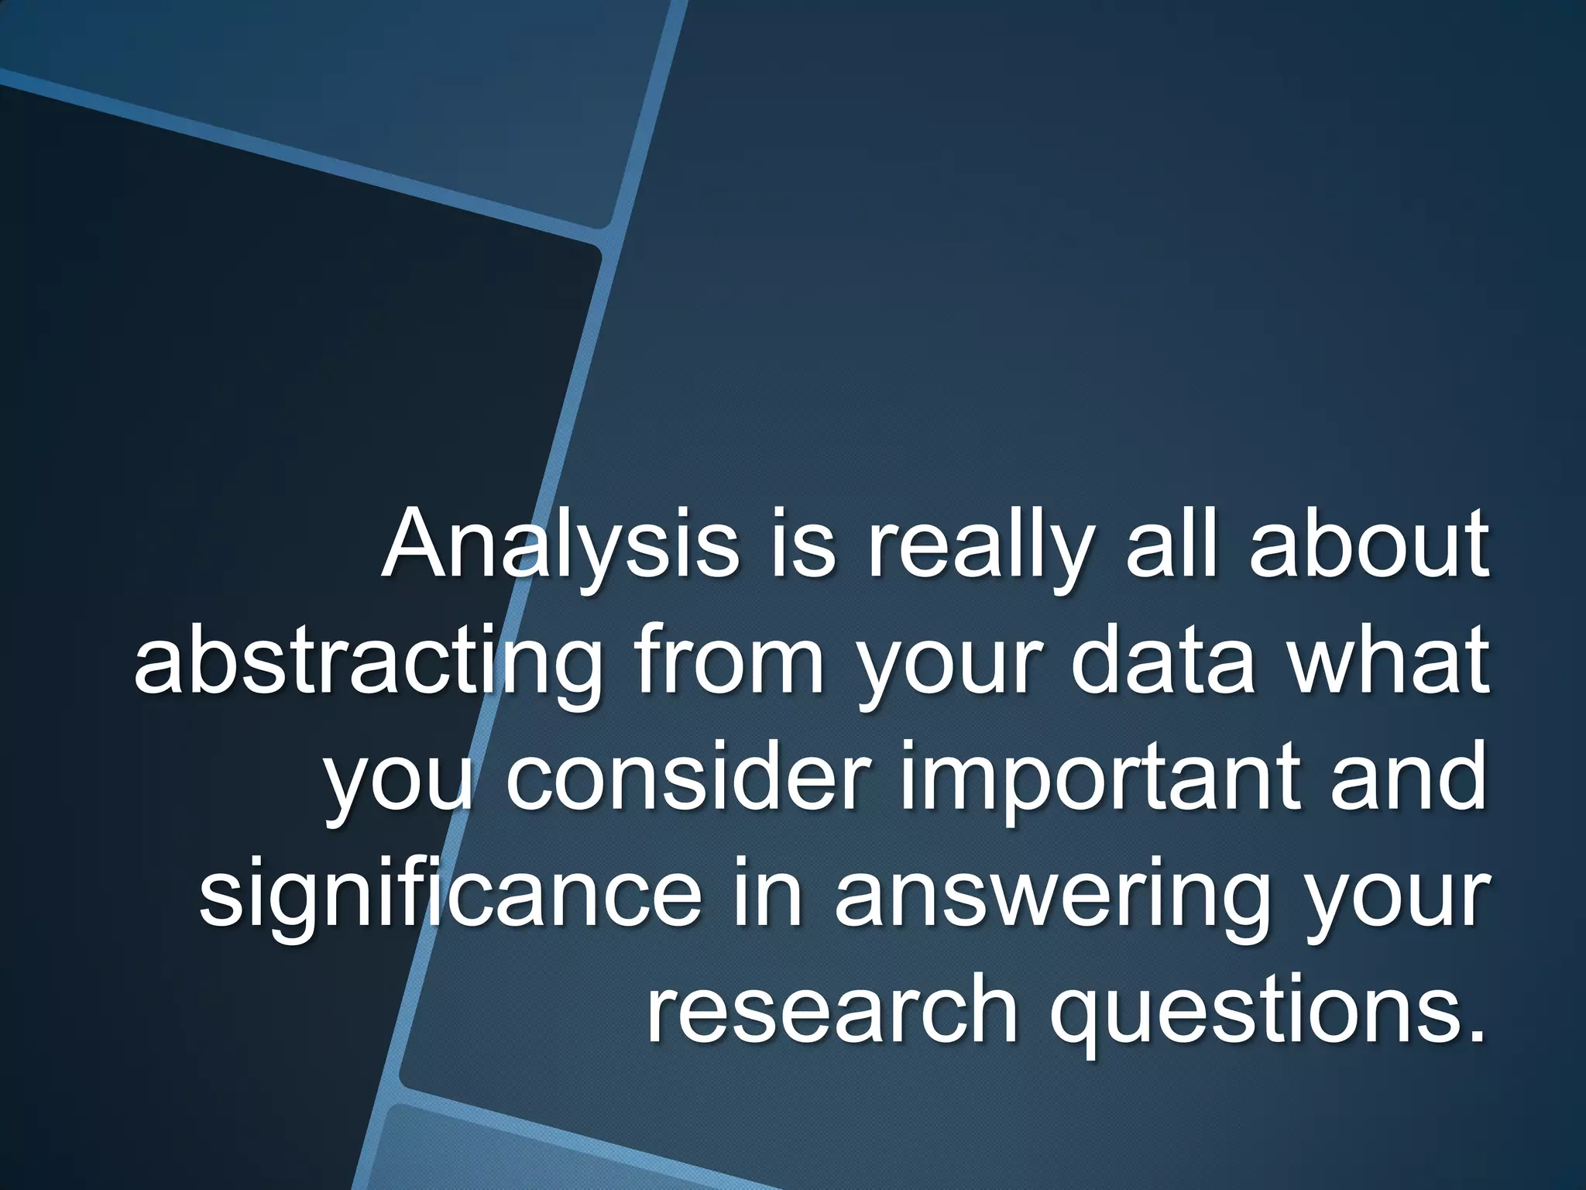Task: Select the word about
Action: coord(1368,545)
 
